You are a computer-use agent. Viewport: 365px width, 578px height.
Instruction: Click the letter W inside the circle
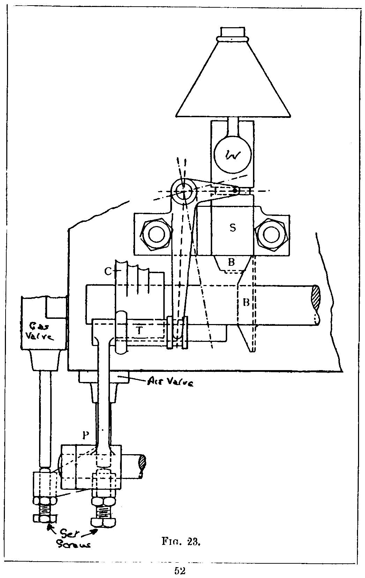[x=232, y=156]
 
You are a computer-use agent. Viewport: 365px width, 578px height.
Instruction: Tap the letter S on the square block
[x=232, y=227]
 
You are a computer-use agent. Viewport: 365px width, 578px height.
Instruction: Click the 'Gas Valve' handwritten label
[x=42, y=332]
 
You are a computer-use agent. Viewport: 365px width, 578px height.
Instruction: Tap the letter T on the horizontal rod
[x=140, y=330]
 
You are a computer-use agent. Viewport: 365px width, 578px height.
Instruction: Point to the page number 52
[x=180, y=571]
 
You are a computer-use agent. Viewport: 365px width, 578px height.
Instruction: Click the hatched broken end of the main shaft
[x=315, y=298]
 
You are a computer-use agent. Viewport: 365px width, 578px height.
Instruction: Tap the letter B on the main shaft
[x=246, y=302]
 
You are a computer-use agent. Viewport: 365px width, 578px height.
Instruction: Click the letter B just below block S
[x=231, y=262]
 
